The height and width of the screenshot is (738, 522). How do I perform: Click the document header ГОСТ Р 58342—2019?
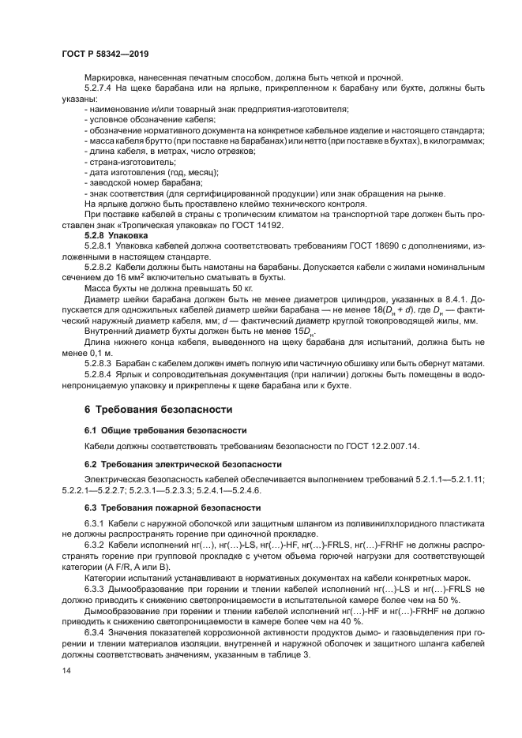(x=105, y=53)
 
